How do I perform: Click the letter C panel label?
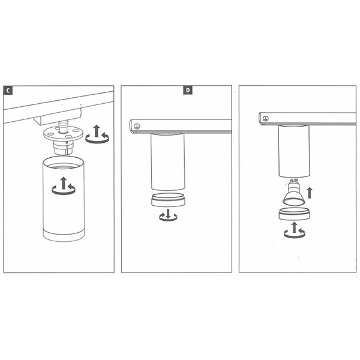[x=8, y=91]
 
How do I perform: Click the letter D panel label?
[x=188, y=90]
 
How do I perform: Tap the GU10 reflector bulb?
[x=293, y=193]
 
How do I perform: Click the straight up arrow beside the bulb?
[x=310, y=193]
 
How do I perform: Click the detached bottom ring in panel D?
[x=168, y=200]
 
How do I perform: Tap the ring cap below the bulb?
[x=295, y=214]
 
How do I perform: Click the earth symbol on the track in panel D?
[x=137, y=126]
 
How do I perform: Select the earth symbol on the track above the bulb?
[x=266, y=119]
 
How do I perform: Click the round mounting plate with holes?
[x=63, y=134]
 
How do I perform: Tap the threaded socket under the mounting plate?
[x=63, y=148]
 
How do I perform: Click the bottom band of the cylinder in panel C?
[x=64, y=235]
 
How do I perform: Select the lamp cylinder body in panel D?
[x=168, y=162]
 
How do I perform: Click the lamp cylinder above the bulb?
[x=294, y=151]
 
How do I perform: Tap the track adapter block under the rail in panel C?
[x=58, y=117]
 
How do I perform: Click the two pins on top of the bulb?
[x=293, y=180]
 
